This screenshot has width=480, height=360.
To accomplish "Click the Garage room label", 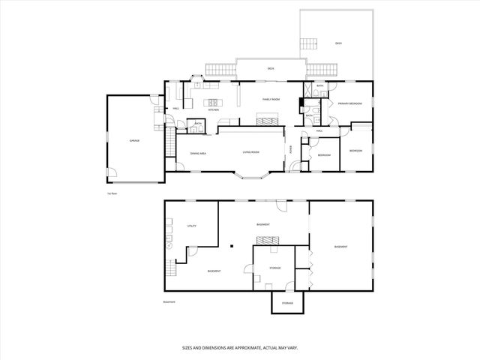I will pyautogui.click(x=134, y=141).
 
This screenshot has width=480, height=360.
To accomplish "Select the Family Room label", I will pyautogui.click(x=271, y=99).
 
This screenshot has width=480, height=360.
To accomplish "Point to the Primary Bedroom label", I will pyautogui.click(x=349, y=103).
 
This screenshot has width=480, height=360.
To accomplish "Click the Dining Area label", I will pyautogui.click(x=198, y=153).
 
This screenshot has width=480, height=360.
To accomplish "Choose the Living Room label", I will pyautogui.click(x=250, y=153).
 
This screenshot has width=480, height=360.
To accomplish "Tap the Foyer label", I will pyautogui.click(x=291, y=148).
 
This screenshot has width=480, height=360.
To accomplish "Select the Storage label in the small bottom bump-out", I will pyautogui.click(x=287, y=303).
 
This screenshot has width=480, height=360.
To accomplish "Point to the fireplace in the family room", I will pyautogui.click(x=267, y=118).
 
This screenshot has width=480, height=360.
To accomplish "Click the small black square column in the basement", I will pyautogui.click(x=233, y=246).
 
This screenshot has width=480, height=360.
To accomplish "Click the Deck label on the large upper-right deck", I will pyautogui.click(x=338, y=43).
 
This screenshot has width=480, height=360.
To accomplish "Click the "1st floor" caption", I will pyautogui.click(x=114, y=193).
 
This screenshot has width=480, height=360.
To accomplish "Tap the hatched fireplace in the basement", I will pyautogui.click(x=267, y=240).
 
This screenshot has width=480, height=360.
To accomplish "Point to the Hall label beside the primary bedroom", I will pyautogui.click(x=319, y=131).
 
